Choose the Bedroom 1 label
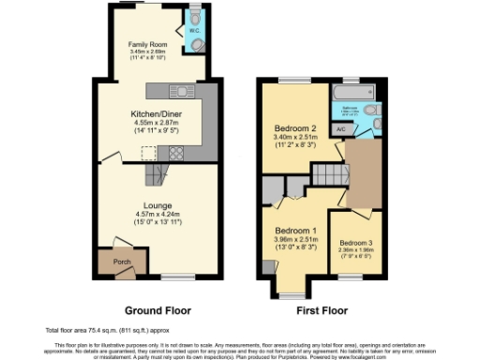(294, 231)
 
